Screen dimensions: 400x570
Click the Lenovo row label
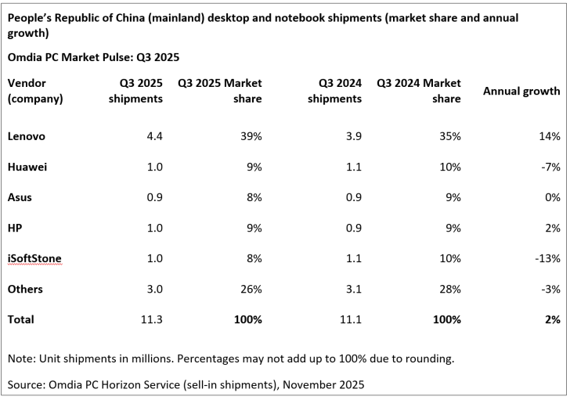26,136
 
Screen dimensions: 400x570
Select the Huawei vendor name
27,167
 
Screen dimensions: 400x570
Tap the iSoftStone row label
34,258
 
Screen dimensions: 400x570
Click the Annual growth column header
521,91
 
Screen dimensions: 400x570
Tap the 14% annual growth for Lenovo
549,136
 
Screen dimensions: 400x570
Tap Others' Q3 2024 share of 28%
449,289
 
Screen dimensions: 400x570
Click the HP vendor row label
16,228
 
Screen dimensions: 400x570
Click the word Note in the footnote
20,359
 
